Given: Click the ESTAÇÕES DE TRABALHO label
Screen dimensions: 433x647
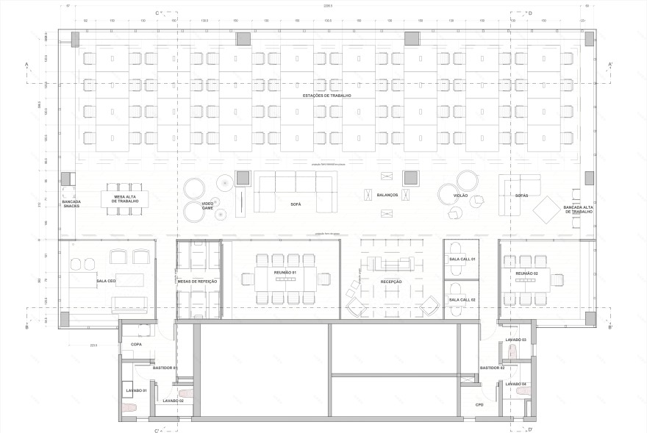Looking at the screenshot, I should click(x=327, y=96).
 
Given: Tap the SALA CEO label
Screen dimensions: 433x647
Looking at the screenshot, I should click(x=107, y=282).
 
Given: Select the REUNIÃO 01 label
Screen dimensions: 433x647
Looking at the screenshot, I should click(x=285, y=273).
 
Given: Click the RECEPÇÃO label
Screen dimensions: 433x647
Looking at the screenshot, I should click(x=391, y=282).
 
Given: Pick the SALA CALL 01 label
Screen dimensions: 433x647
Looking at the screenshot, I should click(x=462, y=260).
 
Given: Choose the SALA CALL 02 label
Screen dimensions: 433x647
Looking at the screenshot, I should click(x=462, y=300).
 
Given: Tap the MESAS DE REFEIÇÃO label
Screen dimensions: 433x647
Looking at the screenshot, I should click(x=199, y=282).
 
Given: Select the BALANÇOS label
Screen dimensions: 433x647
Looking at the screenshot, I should click(x=387, y=195).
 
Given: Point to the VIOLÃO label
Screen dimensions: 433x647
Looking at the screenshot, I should click(x=460, y=196).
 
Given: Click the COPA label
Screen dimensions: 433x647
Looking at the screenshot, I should click(x=136, y=344).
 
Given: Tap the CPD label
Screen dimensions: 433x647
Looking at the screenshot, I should click(x=479, y=405).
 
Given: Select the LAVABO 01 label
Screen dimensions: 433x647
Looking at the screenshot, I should click(x=137, y=390).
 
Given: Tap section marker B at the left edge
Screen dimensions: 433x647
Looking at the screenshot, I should click(x=26, y=328).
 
